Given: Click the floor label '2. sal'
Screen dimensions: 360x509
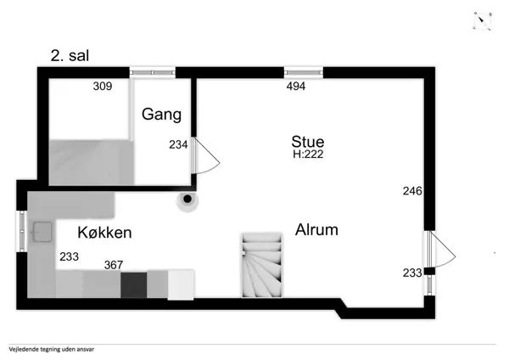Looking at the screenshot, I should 70,56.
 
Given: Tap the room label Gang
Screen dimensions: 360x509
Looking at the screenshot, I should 161,115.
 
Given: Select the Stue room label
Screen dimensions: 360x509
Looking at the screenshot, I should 308,141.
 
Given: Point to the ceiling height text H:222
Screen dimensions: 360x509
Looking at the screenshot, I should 308,155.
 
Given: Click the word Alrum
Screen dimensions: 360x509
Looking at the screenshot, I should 317,229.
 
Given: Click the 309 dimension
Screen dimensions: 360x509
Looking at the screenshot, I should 103,86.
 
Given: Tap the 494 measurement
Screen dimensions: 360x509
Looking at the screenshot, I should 295,86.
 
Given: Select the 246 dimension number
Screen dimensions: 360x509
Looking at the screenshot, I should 412,191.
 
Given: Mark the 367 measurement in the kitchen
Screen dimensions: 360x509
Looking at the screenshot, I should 114,265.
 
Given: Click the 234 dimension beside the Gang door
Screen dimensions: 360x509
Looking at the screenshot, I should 178,144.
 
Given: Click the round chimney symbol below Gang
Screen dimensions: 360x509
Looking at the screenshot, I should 185,200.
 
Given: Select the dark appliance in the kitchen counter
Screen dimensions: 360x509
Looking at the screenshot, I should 133,284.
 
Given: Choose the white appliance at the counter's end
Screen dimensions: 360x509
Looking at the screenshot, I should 182,284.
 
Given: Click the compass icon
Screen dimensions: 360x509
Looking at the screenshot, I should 482,20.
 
